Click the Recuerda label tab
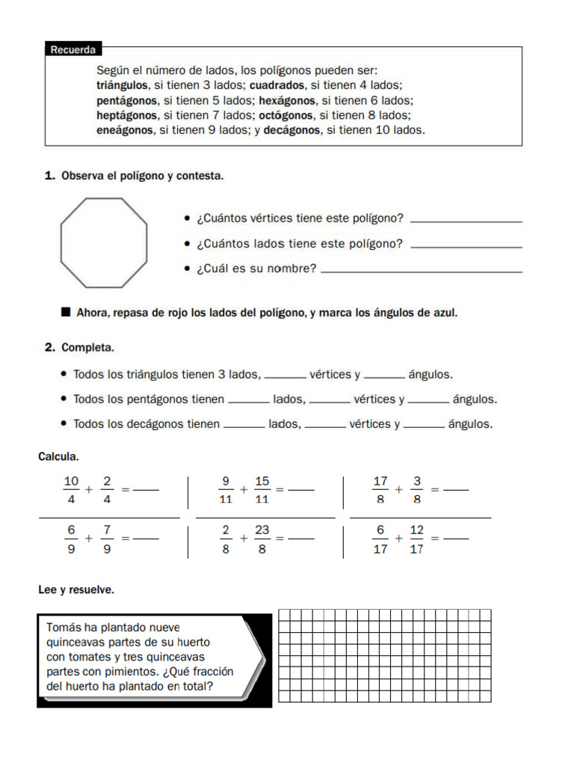(73, 50)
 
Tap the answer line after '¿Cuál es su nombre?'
(421, 270)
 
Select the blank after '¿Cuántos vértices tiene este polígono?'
(466, 220)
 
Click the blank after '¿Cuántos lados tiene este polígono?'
(466, 245)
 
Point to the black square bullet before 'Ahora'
(66, 312)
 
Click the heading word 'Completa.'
(87, 348)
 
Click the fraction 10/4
(72, 489)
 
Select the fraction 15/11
(262, 489)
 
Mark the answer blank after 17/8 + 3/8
(456, 491)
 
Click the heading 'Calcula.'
(59, 456)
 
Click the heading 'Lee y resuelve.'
(76, 590)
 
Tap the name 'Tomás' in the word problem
(64, 628)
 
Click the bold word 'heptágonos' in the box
(127, 115)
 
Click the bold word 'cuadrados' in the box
(277, 86)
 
